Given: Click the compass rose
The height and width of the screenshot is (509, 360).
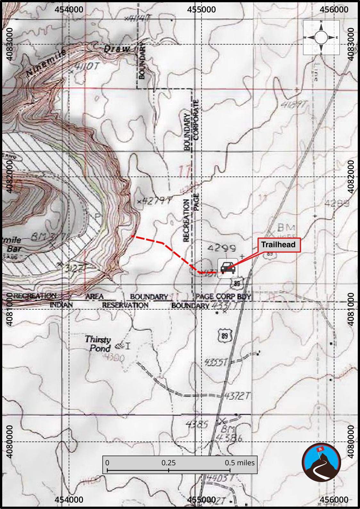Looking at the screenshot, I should [x=321, y=37].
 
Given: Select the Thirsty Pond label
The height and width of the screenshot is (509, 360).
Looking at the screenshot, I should [x=98, y=343].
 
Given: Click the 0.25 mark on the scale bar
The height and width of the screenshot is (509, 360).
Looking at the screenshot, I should [x=168, y=463].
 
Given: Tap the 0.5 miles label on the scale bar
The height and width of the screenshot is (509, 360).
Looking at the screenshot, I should [x=240, y=463].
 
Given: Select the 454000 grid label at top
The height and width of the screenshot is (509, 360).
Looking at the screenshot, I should [x=69, y=9].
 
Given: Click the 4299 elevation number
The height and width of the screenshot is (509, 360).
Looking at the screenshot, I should [x=222, y=248].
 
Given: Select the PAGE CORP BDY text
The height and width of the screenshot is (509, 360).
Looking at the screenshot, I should [x=223, y=296].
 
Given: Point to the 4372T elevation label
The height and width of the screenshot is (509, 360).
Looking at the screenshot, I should [x=237, y=396].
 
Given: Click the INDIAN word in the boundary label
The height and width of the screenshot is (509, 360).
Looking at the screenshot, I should [x=61, y=305].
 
